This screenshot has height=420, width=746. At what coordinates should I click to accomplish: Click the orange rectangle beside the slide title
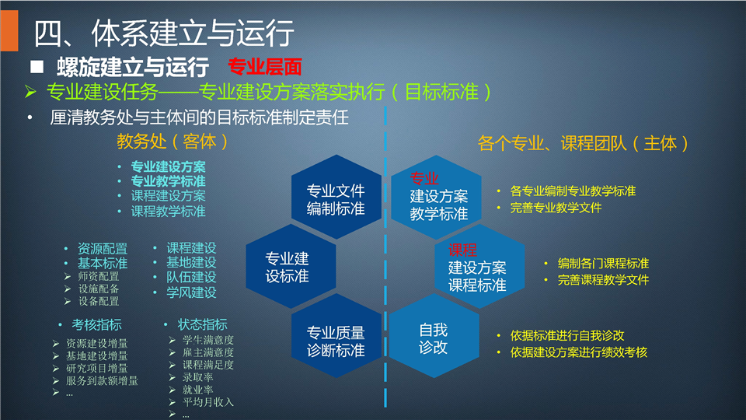[x=9, y=30]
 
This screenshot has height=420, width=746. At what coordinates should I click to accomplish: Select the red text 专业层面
[x=264, y=67]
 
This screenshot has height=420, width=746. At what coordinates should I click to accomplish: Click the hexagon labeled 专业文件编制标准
[x=336, y=197]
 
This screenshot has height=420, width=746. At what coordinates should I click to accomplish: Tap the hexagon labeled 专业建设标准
[x=291, y=267]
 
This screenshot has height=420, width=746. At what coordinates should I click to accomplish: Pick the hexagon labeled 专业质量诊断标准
[x=336, y=336]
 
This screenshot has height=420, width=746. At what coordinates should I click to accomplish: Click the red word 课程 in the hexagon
[x=462, y=250]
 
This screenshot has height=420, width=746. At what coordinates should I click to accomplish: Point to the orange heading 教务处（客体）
[x=173, y=142]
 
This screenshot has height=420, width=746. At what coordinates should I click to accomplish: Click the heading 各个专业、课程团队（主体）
[x=584, y=143]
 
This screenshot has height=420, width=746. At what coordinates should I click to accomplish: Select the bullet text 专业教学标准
[x=168, y=181]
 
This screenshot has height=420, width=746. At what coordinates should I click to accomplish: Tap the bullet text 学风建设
[x=191, y=292]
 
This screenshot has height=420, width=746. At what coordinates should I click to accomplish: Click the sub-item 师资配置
[x=99, y=276]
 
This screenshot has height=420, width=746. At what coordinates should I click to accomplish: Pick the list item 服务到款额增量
[x=102, y=380]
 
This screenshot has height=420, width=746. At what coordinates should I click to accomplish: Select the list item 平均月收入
[x=208, y=402]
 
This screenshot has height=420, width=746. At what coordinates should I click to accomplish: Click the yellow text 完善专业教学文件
[x=556, y=208]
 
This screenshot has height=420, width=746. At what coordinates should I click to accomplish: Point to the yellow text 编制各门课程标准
[x=603, y=264]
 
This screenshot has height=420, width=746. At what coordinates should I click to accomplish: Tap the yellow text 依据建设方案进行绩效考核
[x=578, y=352]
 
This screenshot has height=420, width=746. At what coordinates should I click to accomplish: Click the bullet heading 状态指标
[x=202, y=325]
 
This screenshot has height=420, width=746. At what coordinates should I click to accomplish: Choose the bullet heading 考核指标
[x=96, y=325]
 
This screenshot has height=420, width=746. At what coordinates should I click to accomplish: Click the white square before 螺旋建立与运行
[x=37, y=67]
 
